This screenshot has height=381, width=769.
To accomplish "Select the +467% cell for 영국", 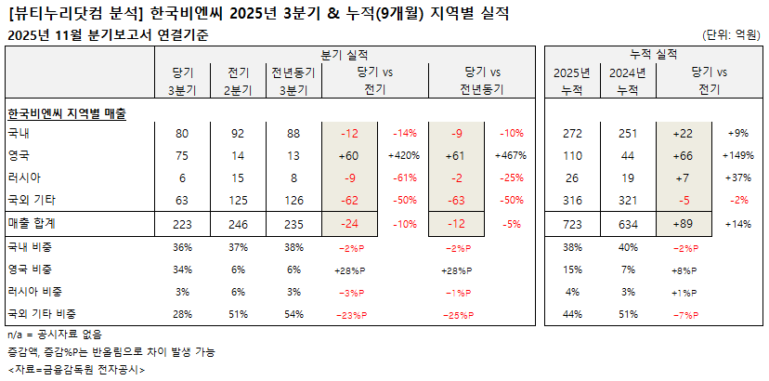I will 511,154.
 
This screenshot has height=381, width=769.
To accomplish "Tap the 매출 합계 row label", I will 32,224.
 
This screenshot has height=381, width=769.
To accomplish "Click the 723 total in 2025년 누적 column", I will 572,224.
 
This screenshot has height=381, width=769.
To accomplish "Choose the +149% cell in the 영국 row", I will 738,154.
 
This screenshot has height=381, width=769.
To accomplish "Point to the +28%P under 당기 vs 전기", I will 349,270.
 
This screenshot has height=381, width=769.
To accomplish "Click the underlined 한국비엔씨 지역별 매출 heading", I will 67,112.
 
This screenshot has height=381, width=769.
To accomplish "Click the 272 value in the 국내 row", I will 572,134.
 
